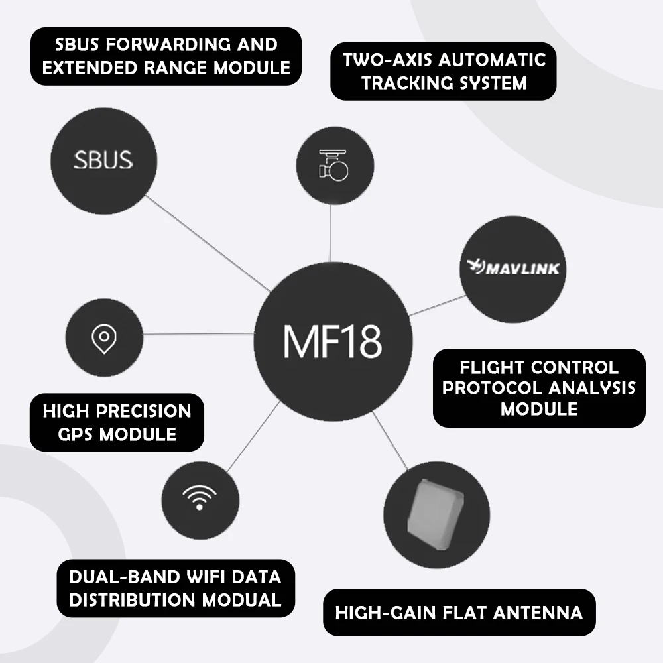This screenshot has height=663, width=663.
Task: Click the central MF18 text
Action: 332,341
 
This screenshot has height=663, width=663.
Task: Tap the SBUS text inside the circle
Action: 103,160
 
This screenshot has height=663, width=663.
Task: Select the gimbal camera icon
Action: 333,165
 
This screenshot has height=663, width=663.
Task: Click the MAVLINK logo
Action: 513,267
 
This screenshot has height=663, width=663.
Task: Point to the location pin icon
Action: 104,339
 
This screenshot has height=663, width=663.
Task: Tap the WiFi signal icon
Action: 200,497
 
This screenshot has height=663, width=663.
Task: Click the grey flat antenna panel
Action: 436,514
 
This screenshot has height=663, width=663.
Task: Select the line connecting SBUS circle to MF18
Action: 208,243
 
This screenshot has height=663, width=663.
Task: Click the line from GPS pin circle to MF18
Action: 199,334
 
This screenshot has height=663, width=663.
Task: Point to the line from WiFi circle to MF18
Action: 254,436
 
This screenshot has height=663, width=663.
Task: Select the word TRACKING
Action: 406,83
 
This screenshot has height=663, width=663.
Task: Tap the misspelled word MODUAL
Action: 241,600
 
